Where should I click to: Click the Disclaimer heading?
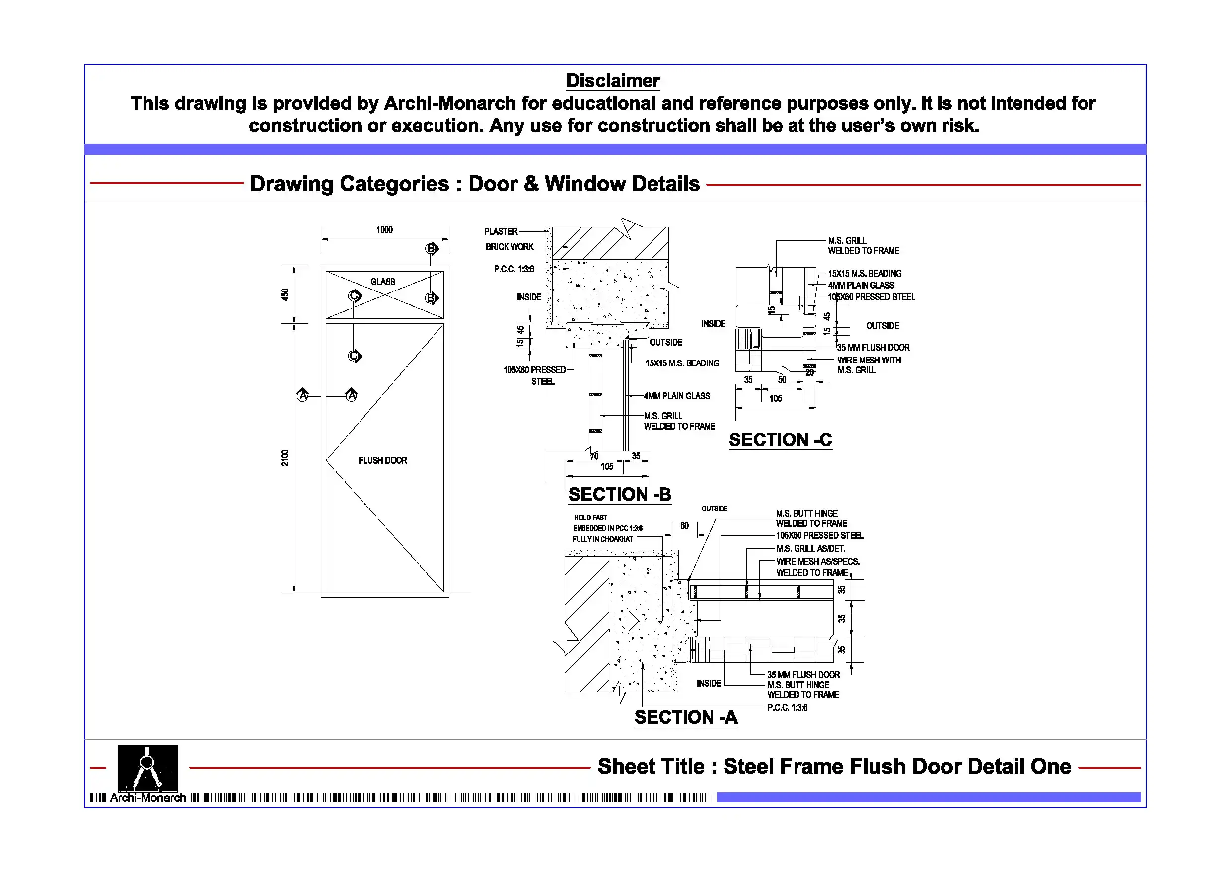point(612,81)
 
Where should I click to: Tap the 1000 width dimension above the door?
point(384,230)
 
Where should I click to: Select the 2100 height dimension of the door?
point(285,458)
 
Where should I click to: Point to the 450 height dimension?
point(285,294)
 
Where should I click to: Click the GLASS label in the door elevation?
point(382,282)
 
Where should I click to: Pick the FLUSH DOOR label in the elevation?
point(382,460)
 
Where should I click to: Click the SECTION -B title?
point(619,494)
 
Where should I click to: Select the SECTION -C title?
point(780,440)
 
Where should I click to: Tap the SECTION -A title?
point(686,717)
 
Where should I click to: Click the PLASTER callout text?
point(501,231)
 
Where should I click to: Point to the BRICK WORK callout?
point(509,247)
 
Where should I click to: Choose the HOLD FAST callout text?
point(590,518)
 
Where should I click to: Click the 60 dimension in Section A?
point(684,526)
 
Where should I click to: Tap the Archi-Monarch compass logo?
point(147,768)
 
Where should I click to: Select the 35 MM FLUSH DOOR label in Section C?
point(873,347)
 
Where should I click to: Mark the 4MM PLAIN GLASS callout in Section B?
point(677,396)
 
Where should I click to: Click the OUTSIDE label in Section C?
point(883,326)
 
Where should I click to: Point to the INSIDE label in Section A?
point(708,683)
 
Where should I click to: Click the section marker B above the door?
point(431,248)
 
